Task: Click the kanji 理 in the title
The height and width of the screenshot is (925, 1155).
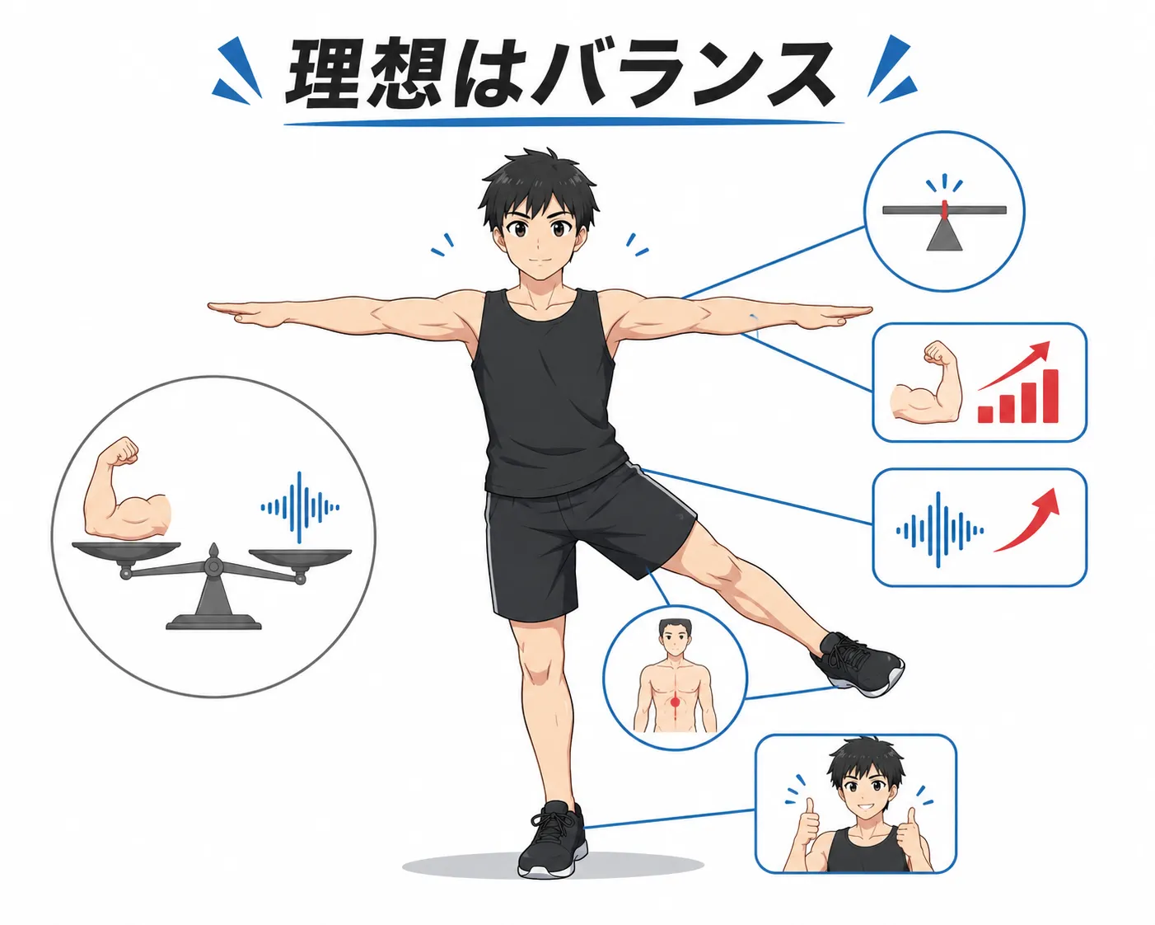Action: coord(323,73)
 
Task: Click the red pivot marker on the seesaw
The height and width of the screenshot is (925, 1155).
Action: coord(945,209)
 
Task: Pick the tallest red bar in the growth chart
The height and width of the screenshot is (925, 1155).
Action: coord(1051,396)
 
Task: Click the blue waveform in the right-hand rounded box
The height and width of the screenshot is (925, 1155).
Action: coord(939,529)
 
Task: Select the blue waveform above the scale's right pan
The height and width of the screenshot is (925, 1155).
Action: coord(300,507)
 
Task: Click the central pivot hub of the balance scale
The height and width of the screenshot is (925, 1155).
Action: coord(213,566)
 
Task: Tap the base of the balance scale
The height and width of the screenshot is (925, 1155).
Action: coord(213,622)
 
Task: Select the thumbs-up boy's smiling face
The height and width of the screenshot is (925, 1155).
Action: coord(864,790)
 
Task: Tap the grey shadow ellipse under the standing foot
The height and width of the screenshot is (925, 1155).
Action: coord(553,865)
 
